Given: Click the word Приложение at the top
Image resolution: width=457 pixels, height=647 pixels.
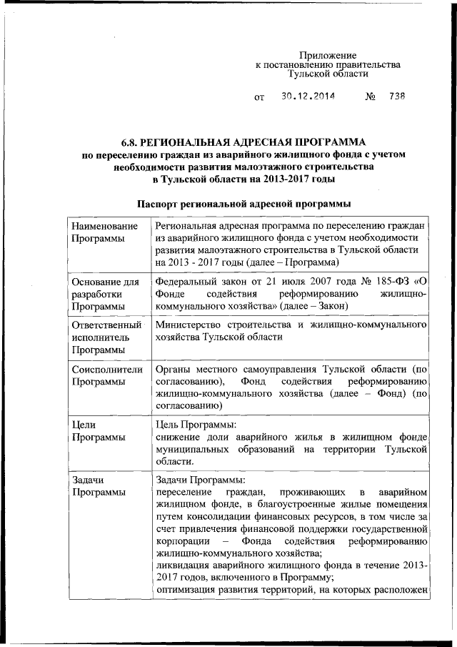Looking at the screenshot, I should click(x=328, y=55).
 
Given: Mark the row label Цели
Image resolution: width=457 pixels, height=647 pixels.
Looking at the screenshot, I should click(x=85, y=424).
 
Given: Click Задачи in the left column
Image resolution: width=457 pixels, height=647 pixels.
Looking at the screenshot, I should click(x=89, y=480).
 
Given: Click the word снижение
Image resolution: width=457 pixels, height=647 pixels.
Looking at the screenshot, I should click(x=179, y=436).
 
